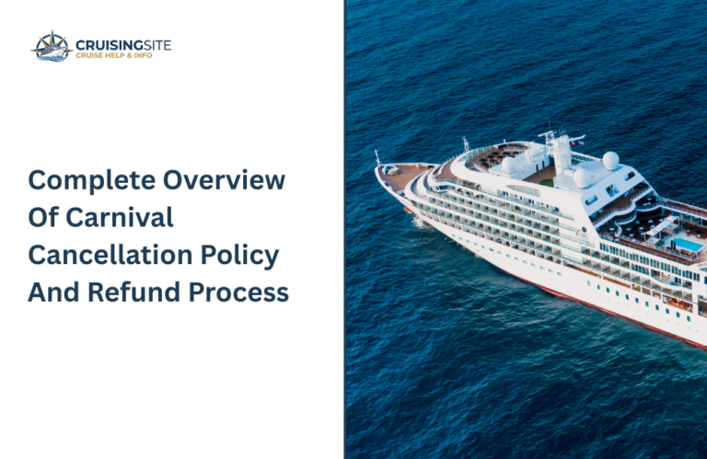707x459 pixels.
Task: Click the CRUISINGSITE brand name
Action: coord(122,43)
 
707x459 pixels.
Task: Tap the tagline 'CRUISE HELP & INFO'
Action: coord(114,55)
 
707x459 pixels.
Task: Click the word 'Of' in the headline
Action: coord(42,219)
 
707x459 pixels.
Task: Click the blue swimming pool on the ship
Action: coord(687,245)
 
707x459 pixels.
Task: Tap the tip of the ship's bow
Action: coord(377,168)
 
